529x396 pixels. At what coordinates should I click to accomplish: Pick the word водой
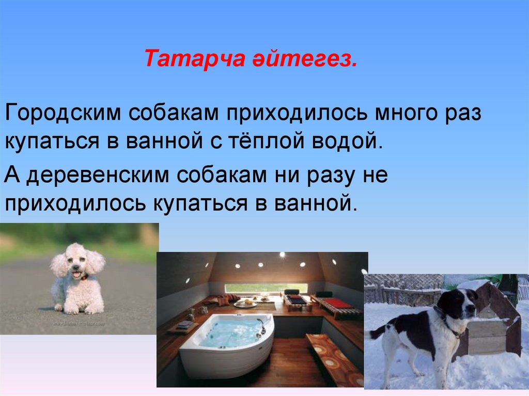coord(347,140)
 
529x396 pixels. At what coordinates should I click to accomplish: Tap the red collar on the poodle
coord(84,278)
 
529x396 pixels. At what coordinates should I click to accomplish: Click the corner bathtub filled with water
coord(227,338)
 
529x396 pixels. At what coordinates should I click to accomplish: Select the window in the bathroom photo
coord(266,288)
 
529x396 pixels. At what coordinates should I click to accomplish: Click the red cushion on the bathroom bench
coord(337,303)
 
